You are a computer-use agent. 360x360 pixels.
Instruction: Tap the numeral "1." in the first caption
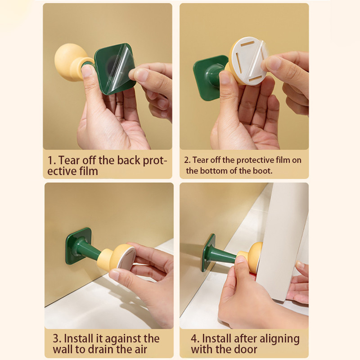pos(52,160)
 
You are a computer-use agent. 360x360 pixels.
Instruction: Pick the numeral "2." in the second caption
pos(187,160)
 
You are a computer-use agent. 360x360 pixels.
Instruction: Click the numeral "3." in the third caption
pos(57,339)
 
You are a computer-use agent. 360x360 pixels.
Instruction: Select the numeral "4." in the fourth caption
pos(195,339)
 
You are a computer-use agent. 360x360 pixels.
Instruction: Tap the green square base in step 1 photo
pos(114,69)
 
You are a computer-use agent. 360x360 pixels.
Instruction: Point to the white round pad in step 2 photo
pos(249,61)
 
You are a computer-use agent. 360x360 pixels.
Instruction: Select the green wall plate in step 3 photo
pos(78,246)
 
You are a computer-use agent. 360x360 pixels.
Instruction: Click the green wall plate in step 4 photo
pos(208,252)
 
